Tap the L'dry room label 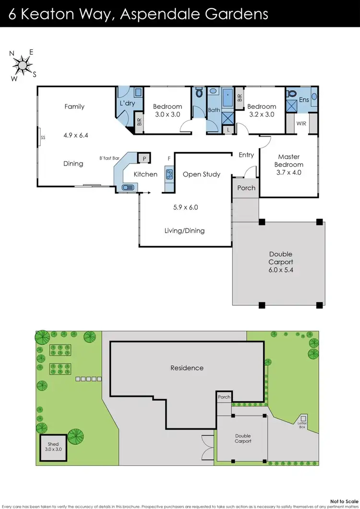click(x=127, y=103)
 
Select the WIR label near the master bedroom click(x=301, y=123)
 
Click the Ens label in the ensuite click(x=304, y=100)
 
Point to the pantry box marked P click(x=144, y=158)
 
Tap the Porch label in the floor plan click(x=246, y=188)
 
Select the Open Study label click(x=202, y=174)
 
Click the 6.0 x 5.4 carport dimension click(x=280, y=270)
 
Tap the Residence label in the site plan click(x=187, y=368)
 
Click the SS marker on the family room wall click(x=43, y=137)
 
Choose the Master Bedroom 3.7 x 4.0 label click(x=288, y=165)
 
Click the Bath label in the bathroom click(x=214, y=110)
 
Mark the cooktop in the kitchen click(x=169, y=174)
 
